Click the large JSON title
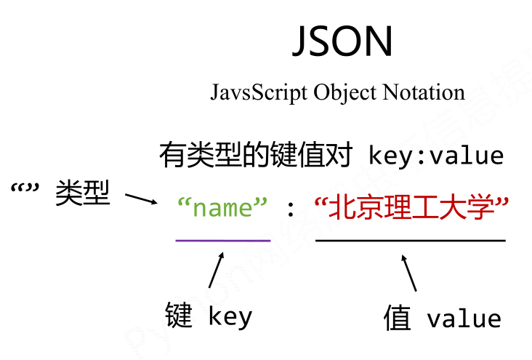[342, 41]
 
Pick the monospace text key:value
[436, 156]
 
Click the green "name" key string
[223, 209]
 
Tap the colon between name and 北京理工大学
[291, 210]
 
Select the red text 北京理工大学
[411, 209]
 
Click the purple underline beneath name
[223, 239]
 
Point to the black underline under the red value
[411, 239]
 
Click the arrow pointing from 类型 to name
[141, 198]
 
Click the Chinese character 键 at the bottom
[179, 316]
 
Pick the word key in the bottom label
[230, 318]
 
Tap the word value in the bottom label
[464, 319]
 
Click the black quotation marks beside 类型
[25, 191]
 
